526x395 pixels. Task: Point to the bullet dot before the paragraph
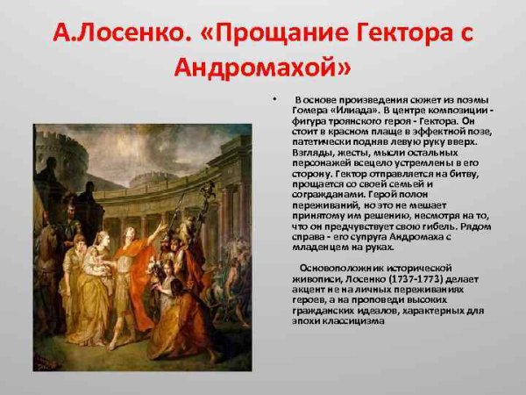click(x=274, y=97)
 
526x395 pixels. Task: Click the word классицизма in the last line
click(x=351, y=320)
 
